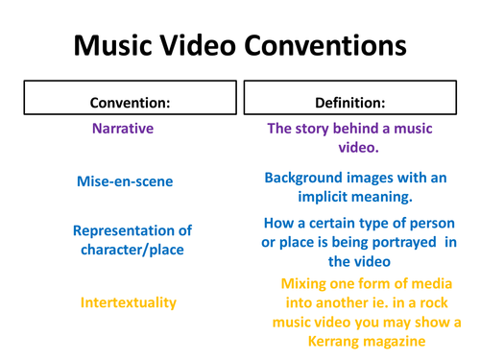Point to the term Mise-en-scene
(126, 180)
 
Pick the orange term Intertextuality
(129, 302)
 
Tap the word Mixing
(305, 285)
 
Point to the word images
(379, 179)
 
